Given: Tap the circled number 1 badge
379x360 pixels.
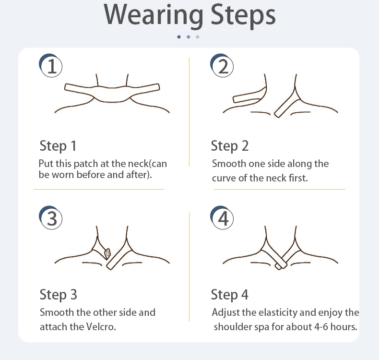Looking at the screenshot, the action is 51,66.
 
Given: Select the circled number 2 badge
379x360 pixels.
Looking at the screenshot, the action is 222,66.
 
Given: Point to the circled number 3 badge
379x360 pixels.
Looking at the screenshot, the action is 51,217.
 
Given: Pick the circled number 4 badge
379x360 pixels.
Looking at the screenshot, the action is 222,217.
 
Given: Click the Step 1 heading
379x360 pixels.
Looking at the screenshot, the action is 58,146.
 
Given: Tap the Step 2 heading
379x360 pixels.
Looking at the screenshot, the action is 230,146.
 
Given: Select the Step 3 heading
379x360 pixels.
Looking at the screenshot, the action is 58,295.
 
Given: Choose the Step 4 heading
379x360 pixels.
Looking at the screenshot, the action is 230,295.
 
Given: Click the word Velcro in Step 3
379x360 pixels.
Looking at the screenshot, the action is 101,327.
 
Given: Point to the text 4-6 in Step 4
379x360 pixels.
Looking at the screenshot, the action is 321,327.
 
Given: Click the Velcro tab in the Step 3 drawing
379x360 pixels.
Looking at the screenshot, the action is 107,253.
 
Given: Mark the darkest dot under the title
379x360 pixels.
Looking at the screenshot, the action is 179,37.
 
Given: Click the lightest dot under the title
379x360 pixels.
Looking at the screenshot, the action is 198,37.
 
